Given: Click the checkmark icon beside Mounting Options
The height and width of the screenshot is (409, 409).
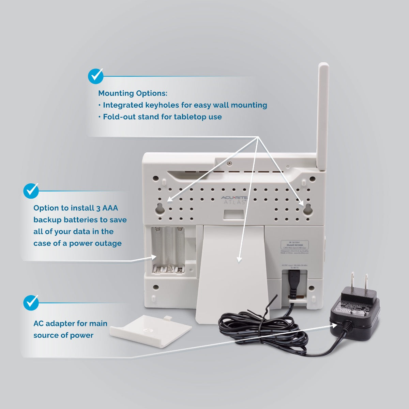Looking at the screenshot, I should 95,76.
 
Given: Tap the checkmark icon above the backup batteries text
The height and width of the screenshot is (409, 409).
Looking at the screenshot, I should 31,191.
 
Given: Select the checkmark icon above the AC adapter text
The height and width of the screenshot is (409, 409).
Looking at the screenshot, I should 31,303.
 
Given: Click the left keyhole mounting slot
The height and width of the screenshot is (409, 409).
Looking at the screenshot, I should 160,209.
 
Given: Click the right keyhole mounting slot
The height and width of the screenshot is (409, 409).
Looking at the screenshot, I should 308,209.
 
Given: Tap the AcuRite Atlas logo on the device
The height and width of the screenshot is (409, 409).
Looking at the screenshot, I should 234,200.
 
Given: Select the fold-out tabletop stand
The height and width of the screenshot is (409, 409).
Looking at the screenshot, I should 232,273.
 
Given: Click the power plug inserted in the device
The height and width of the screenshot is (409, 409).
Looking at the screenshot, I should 293,281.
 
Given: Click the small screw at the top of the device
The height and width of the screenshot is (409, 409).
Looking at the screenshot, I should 230,163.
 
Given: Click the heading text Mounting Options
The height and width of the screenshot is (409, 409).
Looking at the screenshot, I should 133,93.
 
